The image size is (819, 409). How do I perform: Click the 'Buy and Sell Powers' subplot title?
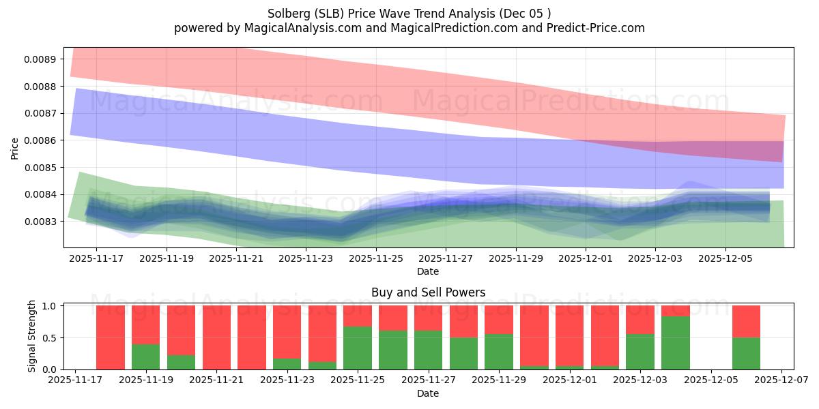[x=428, y=292]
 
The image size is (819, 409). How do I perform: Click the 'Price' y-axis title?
[x=15, y=147]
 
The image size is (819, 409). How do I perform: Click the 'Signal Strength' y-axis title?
[x=32, y=336]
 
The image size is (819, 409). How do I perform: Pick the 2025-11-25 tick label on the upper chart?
[x=375, y=258]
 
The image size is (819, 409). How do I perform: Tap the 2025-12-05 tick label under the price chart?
[x=725, y=258]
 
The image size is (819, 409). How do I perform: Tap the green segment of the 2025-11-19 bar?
[x=145, y=357]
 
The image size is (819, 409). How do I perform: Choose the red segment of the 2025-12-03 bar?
[x=640, y=319]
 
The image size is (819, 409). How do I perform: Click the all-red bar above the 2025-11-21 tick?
[x=216, y=337]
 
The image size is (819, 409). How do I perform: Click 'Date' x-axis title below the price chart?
[x=428, y=271]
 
